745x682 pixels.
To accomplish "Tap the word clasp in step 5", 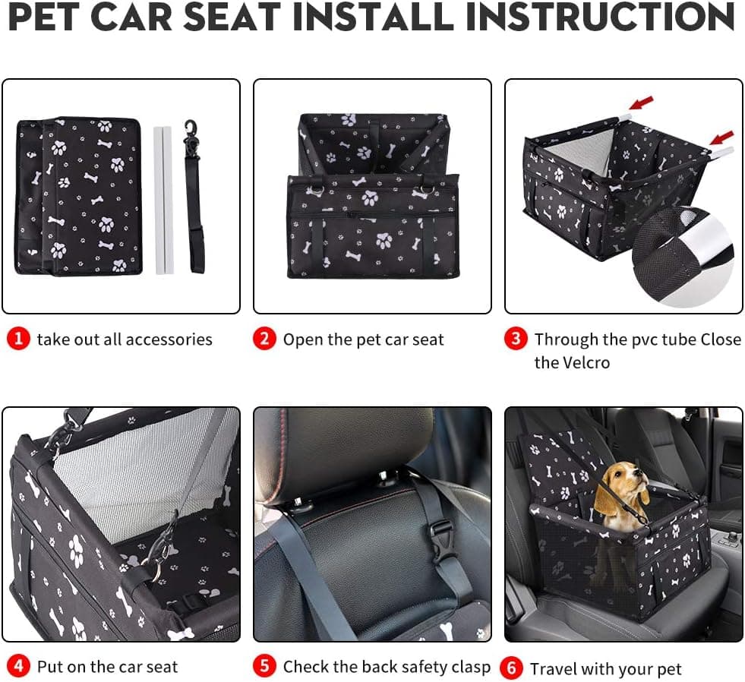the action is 469,667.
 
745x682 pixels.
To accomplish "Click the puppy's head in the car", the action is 624,481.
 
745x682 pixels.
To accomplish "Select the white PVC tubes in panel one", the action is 163,200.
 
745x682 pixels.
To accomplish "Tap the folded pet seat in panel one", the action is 80,195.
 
